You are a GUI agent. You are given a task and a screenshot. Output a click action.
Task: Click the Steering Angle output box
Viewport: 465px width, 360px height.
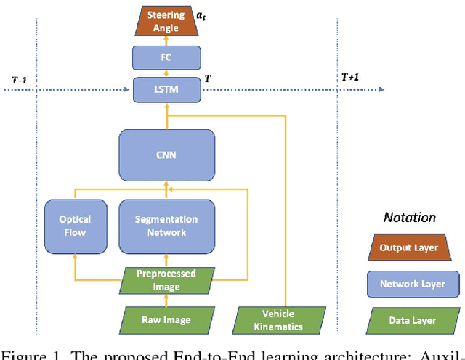pyautogui.click(x=166, y=21)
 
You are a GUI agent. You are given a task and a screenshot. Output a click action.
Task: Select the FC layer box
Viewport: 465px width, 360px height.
pyautogui.click(x=166, y=57)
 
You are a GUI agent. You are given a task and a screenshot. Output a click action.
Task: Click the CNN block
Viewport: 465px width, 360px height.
pyautogui.click(x=166, y=155)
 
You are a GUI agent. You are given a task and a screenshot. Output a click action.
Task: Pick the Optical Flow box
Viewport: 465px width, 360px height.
pyautogui.click(x=76, y=226)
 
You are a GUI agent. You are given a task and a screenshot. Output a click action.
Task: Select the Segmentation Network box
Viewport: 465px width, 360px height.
pyautogui.click(x=166, y=226)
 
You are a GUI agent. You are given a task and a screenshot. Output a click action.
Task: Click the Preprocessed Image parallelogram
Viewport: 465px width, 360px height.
pyautogui.click(x=166, y=279)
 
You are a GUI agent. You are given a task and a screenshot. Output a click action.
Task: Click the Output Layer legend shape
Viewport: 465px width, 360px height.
pyautogui.click(x=409, y=247)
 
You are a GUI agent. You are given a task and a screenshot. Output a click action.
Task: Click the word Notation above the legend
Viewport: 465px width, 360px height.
pyautogui.click(x=409, y=217)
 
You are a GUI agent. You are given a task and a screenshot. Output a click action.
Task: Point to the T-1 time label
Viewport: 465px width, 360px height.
pyautogui.click(x=20, y=79)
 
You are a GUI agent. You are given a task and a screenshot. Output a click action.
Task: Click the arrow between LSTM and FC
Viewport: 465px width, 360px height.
pyautogui.click(x=166, y=75)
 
